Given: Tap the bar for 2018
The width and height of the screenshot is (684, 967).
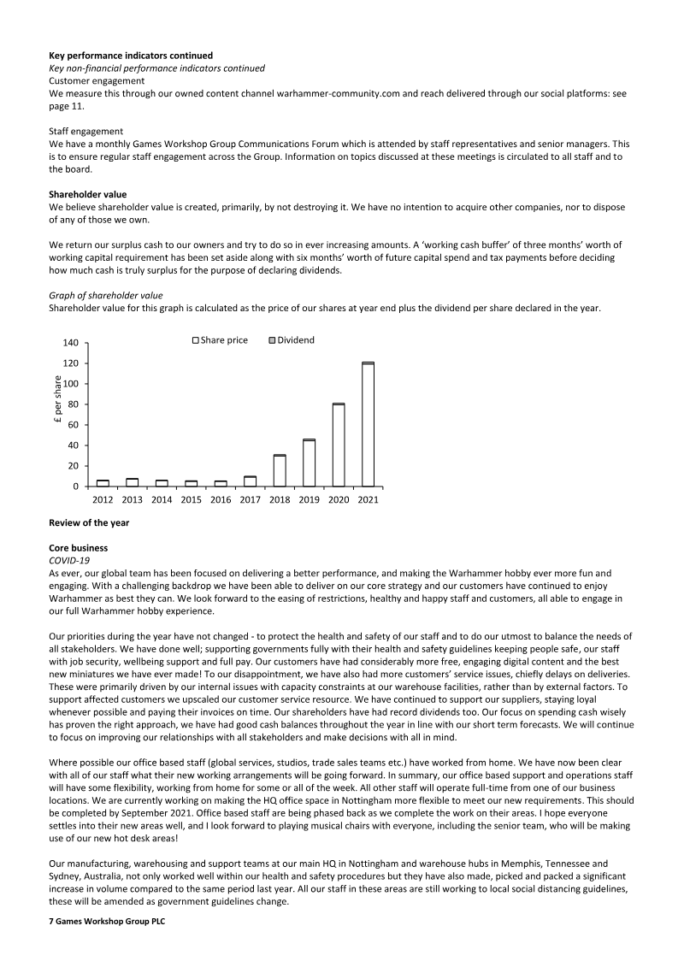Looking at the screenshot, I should (x=280, y=470).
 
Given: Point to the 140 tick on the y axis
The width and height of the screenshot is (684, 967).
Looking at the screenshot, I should (x=70, y=343).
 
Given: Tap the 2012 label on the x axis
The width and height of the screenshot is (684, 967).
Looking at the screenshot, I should (x=103, y=500).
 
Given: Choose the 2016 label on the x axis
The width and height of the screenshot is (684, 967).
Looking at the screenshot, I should (x=221, y=500).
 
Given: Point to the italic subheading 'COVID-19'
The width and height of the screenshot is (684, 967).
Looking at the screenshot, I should (x=70, y=559).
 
